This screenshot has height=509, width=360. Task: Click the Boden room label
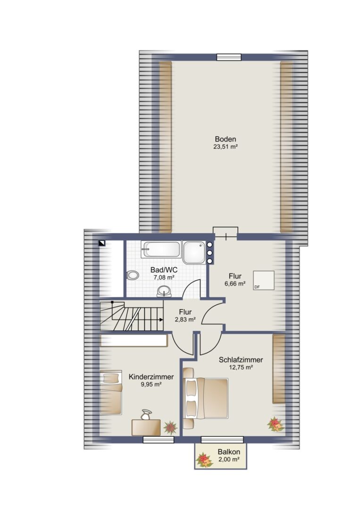point(225,139)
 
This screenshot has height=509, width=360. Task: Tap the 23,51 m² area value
point(225,147)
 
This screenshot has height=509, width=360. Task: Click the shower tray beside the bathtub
point(194,252)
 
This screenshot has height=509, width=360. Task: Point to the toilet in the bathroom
point(132,275)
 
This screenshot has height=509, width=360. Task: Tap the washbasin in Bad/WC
point(164,291)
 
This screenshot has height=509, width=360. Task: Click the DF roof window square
point(263,280)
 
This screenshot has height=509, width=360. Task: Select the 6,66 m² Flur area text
point(234,284)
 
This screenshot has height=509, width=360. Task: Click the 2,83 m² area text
point(185,320)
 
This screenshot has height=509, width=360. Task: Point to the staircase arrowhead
point(161,320)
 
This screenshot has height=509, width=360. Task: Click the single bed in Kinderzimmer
point(111,393)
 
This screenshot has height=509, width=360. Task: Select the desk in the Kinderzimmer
point(146,427)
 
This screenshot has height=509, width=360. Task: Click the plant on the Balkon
point(204,460)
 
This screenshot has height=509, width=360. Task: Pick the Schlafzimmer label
point(241,360)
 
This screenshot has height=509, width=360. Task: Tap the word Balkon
point(229,452)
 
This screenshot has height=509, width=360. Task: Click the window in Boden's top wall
point(229,57)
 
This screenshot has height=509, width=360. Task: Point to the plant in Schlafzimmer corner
point(276,424)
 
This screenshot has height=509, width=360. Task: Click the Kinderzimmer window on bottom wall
point(159,440)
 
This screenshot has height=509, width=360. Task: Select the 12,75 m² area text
point(241,368)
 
